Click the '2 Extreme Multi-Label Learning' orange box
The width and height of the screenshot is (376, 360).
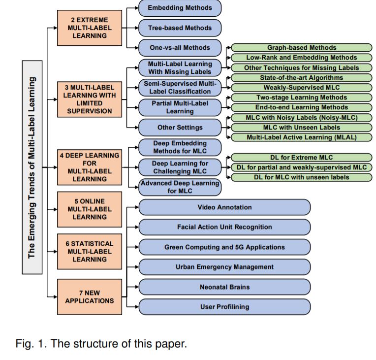click(x=90, y=28)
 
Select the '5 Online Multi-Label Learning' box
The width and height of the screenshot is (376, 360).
click(x=90, y=209)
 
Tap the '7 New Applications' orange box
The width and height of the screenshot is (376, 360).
click(x=90, y=296)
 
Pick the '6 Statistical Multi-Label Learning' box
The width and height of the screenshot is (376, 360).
click(x=90, y=252)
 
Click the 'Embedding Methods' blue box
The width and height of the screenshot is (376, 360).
click(x=180, y=8)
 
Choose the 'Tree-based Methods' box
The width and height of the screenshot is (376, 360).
click(x=180, y=28)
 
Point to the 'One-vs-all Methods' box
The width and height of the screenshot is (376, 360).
click(x=180, y=48)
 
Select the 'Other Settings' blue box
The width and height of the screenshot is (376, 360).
click(x=180, y=128)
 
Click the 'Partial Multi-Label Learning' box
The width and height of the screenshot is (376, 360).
click(x=180, y=107)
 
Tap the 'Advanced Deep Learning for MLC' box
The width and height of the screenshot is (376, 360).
click(x=180, y=187)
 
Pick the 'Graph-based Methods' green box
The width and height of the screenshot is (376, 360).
click(x=302, y=48)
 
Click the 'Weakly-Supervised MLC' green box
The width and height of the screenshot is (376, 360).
click(x=302, y=88)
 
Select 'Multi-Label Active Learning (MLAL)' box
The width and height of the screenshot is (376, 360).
click(x=302, y=137)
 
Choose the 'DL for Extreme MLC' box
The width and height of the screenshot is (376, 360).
click(x=302, y=158)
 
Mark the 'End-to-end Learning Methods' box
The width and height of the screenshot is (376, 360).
click(x=302, y=107)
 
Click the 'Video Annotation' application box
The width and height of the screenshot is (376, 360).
click(x=224, y=207)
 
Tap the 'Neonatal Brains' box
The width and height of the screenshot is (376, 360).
click(x=224, y=287)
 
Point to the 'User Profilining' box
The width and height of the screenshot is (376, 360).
click(x=224, y=307)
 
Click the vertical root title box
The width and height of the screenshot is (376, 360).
click(x=32, y=167)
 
